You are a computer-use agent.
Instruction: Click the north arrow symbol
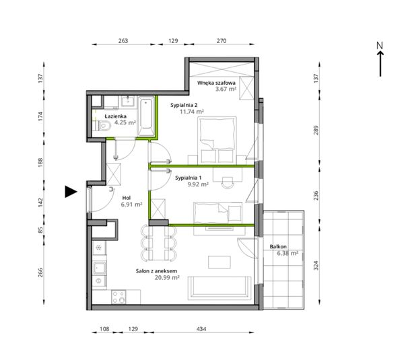tap(380, 59)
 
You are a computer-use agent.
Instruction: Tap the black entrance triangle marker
tap(71, 192)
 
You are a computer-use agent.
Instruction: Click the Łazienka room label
tap(115, 116)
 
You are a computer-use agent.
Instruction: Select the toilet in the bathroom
tap(102, 127)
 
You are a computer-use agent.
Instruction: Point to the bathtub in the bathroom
tap(146, 116)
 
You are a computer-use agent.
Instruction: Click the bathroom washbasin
tap(127, 101)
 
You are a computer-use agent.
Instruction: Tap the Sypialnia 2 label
tap(184, 105)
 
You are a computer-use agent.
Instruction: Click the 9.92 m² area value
tap(198, 184)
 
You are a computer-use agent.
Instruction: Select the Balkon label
tap(278, 247)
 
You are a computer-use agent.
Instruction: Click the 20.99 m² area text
tap(167, 277)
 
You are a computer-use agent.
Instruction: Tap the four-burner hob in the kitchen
tap(119, 297)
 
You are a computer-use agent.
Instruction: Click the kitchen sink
tap(100, 268)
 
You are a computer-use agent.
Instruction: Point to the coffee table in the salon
tap(220, 262)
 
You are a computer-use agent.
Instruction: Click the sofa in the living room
tap(220, 288)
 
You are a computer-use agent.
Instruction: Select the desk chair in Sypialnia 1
tap(228, 182)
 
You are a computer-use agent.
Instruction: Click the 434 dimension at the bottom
tap(201, 329)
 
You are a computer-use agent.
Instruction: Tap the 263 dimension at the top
tap(123, 40)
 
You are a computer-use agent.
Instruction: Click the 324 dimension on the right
tap(316, 266)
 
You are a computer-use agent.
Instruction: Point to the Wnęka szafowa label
tap(216, 83)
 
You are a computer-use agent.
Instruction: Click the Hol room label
tap(127, 198)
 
